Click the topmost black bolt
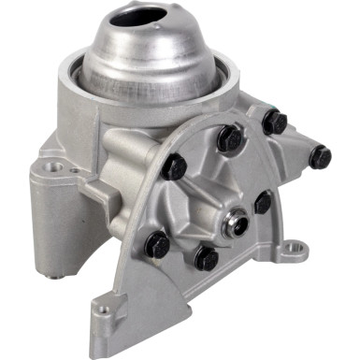(273, 121)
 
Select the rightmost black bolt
(320, 156)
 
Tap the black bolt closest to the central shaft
(263, 201)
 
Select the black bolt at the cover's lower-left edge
(157, 245)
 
